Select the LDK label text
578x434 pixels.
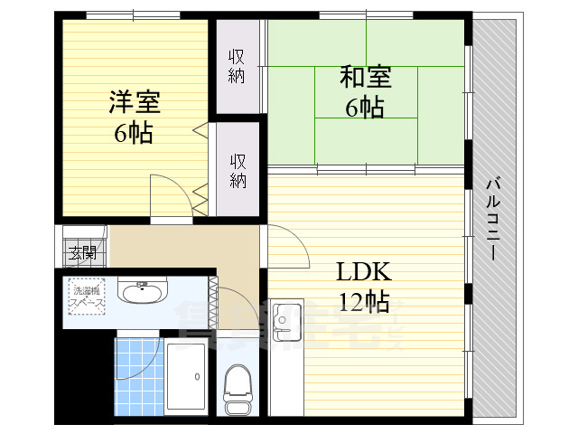pos(363,271)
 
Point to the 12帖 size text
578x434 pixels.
pos(363,301)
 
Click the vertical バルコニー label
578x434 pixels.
pos(493,218)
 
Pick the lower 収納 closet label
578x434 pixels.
pos(238,171)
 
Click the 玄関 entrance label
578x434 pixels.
pos(83,252)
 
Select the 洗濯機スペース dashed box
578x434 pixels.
pos(87,295)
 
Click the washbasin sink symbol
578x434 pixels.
pos(142,292)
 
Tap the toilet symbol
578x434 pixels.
pos(238,386)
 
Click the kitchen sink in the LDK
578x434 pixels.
pos(287,319)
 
